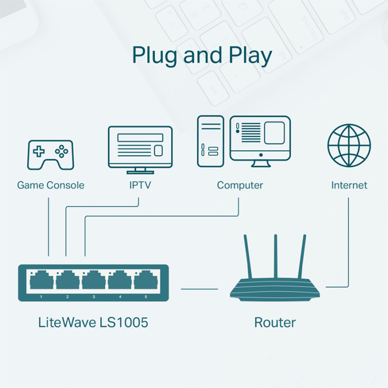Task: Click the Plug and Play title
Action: pyautogui.click(x=202, y=57)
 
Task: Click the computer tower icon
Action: pyautogui.click(x=211, y=141)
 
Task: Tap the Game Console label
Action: pyautogui.click(x=50, y=185)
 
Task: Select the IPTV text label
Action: pyautogui.click(x=140, y=185)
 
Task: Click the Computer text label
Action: pyautogui.click(x=240, y=185)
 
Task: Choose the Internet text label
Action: pyautogui.click(x=349, y=185)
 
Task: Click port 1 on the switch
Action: pyautogui.click(x=42, y=280)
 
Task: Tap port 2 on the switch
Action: pyautogui.click(x=67, y=280)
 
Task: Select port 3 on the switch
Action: pyautogui.click(x=93, y=280)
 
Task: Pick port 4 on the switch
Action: pyautogui.click(x=119, y=280)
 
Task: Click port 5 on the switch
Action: pyautogui.click(x=145, y=280)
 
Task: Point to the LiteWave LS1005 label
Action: pyautogui.click(x=93, y=322)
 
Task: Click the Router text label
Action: pyautogui.click(x=275, y=322)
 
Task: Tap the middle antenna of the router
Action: pyautogui.click(x=275, y=258)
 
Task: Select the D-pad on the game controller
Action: pyautogui.click(x=39, y=151)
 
